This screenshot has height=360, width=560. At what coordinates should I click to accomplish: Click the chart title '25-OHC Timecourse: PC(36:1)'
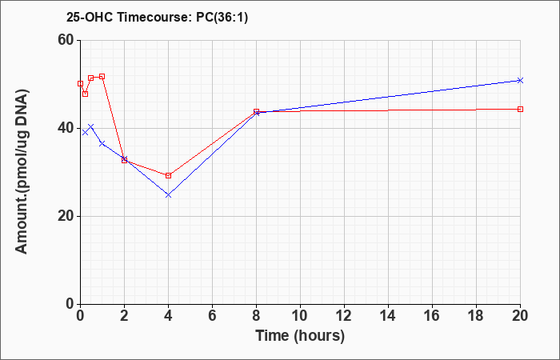click(157, 17)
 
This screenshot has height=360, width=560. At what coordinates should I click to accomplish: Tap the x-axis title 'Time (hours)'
click(300, 336)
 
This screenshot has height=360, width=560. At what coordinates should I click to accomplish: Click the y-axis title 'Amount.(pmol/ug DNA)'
click(22, 172)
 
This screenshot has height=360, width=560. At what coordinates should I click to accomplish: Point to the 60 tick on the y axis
click(67, 40)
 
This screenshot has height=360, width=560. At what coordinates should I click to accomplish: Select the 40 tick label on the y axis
click(67, 128)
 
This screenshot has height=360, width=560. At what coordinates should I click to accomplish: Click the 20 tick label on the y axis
click(67, 216)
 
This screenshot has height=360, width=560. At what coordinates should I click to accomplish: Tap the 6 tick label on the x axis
click(212, 316)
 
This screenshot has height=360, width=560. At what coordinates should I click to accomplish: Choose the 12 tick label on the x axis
click(344, 316)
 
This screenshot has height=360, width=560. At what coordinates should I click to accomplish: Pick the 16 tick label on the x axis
click(432, 316)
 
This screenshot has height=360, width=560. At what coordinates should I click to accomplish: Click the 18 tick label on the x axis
click(476, 316)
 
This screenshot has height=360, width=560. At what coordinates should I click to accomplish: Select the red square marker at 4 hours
click(169, 175)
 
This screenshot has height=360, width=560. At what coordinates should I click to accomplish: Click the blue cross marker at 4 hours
click(169, 195)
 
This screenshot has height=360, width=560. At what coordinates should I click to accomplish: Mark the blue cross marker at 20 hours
click(520, 80)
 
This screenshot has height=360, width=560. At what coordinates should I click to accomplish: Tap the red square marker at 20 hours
click(520, 109)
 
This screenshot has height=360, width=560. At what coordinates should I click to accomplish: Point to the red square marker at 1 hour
click(102, 77)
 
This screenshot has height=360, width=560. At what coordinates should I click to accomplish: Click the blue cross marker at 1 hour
click(102, 143)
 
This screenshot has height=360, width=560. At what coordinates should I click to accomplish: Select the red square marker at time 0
click(80, 83)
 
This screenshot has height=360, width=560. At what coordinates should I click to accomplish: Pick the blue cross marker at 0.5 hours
click(91, 126)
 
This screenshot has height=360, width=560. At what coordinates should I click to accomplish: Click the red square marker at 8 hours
click(257, 111)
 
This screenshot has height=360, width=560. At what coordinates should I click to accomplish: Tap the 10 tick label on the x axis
click(300, 316)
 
